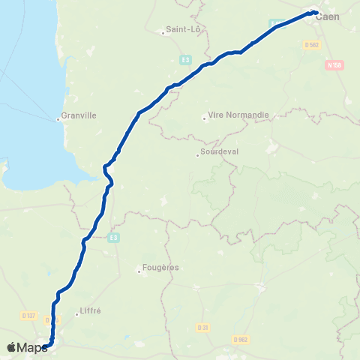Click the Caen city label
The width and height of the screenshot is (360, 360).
click(x=327, y=17)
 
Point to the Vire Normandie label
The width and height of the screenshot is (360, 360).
click(x=230, y=117)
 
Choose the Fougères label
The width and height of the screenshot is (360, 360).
click(x=158, y=268)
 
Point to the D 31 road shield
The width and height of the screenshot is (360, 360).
click(x=202, y=327)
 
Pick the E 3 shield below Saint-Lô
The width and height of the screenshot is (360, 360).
click(x=184, y=58)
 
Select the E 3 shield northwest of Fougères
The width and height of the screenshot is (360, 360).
click(x=112, y=238)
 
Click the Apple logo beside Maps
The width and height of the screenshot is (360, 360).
click(x=10, y=347)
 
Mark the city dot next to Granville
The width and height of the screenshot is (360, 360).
click(x=58, y=118)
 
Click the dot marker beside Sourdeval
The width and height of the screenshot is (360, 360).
click(x=196, y=156)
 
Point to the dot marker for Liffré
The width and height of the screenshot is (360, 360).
click(x=78, y=314)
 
